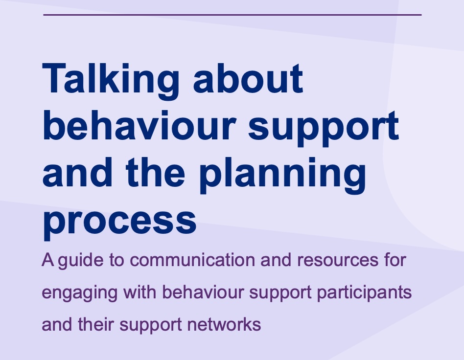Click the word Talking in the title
pyautogui.click(x=111, y=80)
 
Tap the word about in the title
pyautogui.click(x=248, y=78)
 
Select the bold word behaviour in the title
pyautogui.click(x=139, y=125)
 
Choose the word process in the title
pyautogui.click(x=119, y=222)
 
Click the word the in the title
pyautogui.click(x=155, y=172)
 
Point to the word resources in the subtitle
pyautogui.click(x=338, y=260)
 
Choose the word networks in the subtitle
pyautogui.click(x=224, y=324)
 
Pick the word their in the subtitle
pyautogui.click(x=96, y=324)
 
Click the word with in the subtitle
pyautogui.click(x=139, y=292)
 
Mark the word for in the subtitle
pyautogui.click(x=395, y=260)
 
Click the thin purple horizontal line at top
pyautogui.click(x=232, y=15)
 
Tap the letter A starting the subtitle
pyautogui.click(x=48, y=260)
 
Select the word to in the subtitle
pyautogui.click(x=116, y=261)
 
